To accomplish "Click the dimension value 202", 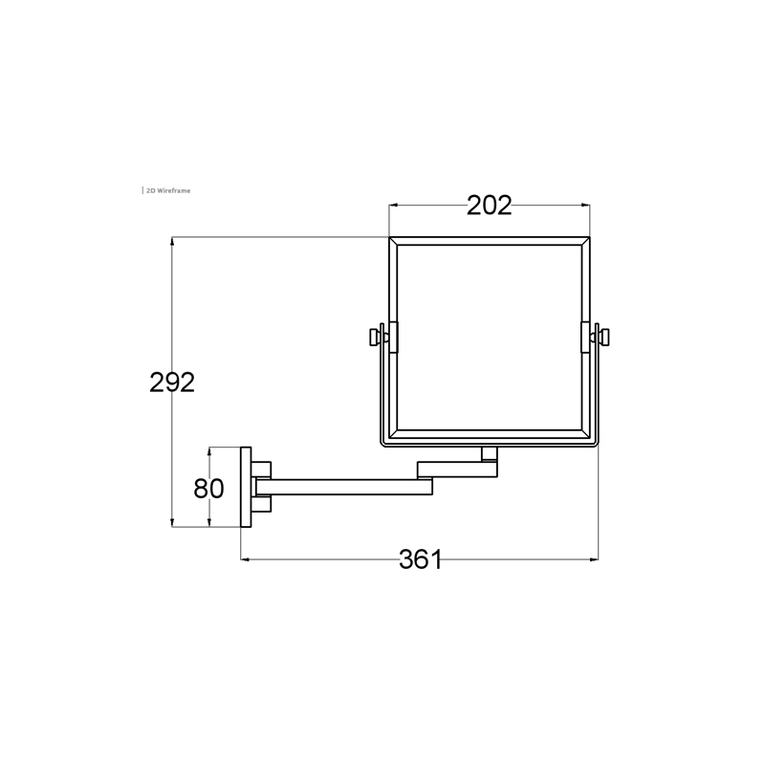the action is [490, 206].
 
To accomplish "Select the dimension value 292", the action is [172, 382].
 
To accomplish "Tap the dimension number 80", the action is [208, 488].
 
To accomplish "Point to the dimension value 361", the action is [421, 559].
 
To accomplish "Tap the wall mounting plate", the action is [246, 487].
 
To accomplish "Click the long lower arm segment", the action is [344, 487].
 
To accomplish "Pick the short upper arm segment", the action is [457, 470].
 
